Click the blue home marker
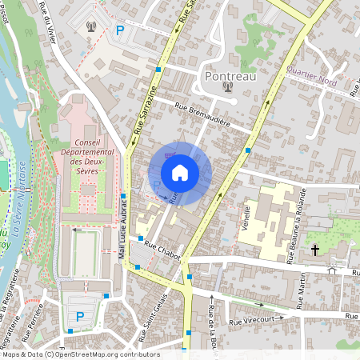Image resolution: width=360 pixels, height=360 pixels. pyautogui.click(x=180, y=173)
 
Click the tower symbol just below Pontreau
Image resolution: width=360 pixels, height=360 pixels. pyautogui.click(x=228, y=87)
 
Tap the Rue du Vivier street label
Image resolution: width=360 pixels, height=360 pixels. pyautogui.click(x=55, y=24)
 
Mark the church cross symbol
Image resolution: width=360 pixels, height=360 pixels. pyautogui.click(x=315, y=250)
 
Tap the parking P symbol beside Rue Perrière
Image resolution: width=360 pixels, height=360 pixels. pyautogui.click(x=79, y=316)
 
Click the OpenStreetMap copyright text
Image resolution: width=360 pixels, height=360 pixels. pyautogui.click(x=80, y=354)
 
